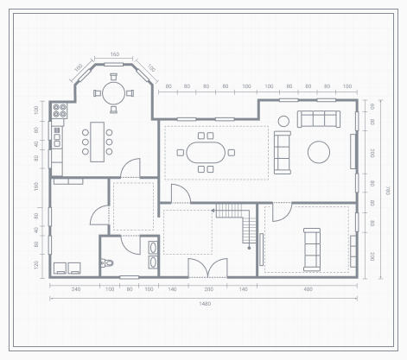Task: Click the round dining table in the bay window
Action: pyautogui.click(x=114, y=93)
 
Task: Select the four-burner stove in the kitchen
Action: pyautogui.click(x=60, y=110)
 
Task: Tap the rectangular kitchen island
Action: pyautogui.click(x=97, y=138)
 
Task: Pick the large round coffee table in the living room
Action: pyautogui.click(x=319, y=152)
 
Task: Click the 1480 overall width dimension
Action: pyautogui.click(x=205, y=304)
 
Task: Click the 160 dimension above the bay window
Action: pyautogui.click(x=114, y=54)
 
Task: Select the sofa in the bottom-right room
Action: pyautogui.click(x=311, y=247)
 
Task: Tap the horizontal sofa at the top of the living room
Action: pyautogui.click(x=319, y=119)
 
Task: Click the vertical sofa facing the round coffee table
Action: pyautogui.click(x=283, y=150)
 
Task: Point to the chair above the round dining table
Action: pyautogui.click(x=114, y=77)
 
